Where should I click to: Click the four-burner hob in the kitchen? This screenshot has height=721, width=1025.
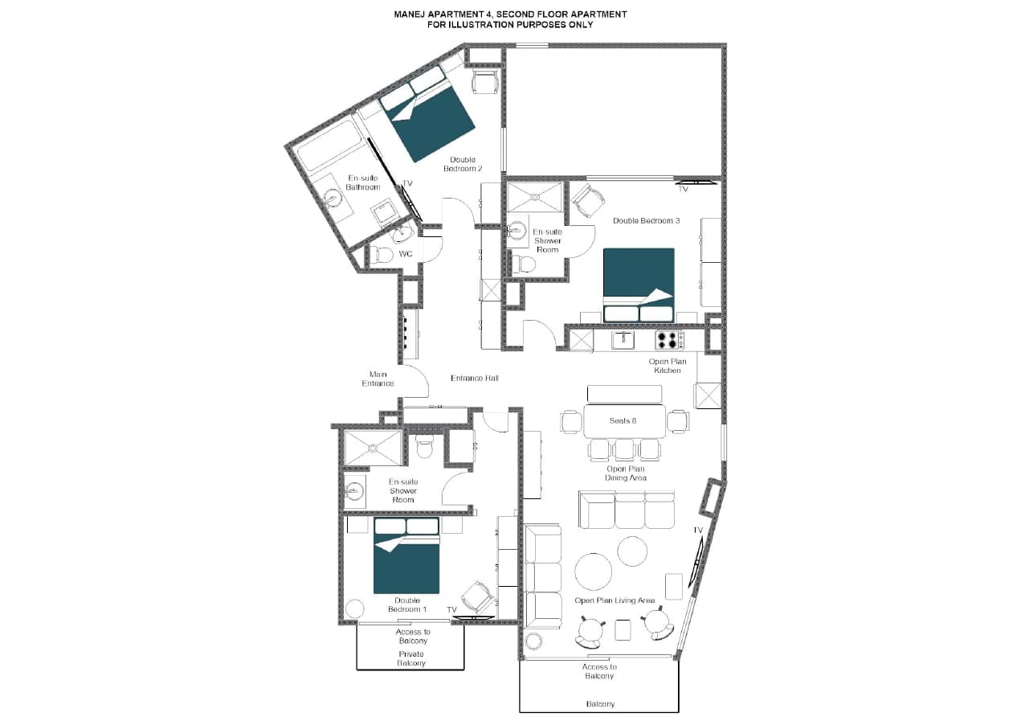pyautogui.click(x=668, y=340)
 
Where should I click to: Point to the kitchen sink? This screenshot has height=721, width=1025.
pyautogui.click(x=623, y=340)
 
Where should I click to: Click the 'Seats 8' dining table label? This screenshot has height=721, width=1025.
pyautogui.click(x=623, y=421)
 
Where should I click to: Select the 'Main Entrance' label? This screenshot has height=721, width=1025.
pyautogui.click(x=378, y=379)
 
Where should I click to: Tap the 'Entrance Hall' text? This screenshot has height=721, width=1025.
pyautogui.click(x=475, y=378)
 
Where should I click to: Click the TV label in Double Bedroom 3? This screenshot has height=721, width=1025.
pyautogui.click(x=684, y=190)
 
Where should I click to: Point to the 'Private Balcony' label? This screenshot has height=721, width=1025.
pyautogui.click(x=410, y=658)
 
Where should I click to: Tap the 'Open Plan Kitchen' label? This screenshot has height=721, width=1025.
pyautogui.click(x=668, y=366)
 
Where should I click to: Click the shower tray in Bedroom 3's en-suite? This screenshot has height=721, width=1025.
pyautogui.click(x=535, y=197)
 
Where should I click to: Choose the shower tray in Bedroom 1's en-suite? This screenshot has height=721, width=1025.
pyautogui.click(x=373, y=448)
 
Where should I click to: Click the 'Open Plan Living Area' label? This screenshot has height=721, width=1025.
pyautogui.click(x=615, y=600)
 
